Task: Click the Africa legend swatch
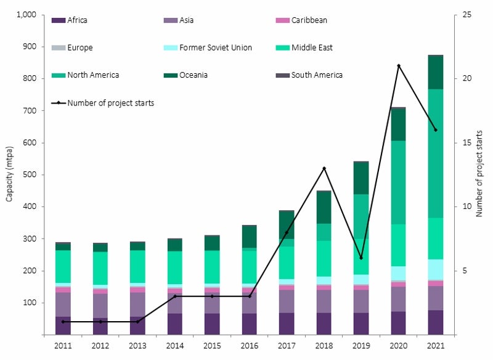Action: point(59,20)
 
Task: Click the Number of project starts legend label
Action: point(111,103)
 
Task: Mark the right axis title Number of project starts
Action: point(479,175)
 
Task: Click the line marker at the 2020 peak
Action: point(399,65)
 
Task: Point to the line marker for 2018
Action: point(324,168)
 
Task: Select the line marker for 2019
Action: point(361,258)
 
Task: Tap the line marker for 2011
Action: point(63,322)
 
